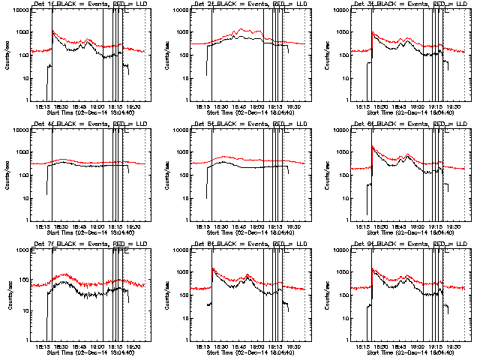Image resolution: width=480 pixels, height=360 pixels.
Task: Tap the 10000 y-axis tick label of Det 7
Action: (22, 251)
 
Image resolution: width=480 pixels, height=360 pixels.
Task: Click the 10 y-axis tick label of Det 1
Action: (27, 77)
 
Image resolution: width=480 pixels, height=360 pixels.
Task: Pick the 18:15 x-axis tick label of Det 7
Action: (43, 346)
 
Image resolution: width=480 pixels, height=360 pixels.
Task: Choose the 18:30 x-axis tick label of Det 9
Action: (382, 346)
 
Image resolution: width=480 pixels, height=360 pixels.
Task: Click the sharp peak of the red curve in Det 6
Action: (373, 147)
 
